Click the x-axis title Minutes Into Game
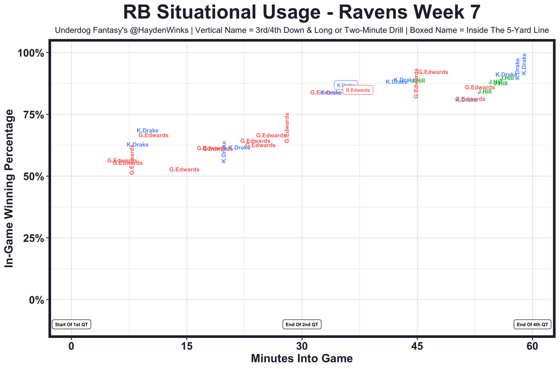301,358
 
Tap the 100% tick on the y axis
31,53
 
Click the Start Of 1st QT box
71,325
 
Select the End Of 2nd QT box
302,325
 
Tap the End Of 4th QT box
532,325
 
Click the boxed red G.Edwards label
358,90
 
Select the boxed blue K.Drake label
346,85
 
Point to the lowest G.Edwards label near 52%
184,170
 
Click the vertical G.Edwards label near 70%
287,128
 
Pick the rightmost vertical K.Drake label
524,64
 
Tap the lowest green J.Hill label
485,92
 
